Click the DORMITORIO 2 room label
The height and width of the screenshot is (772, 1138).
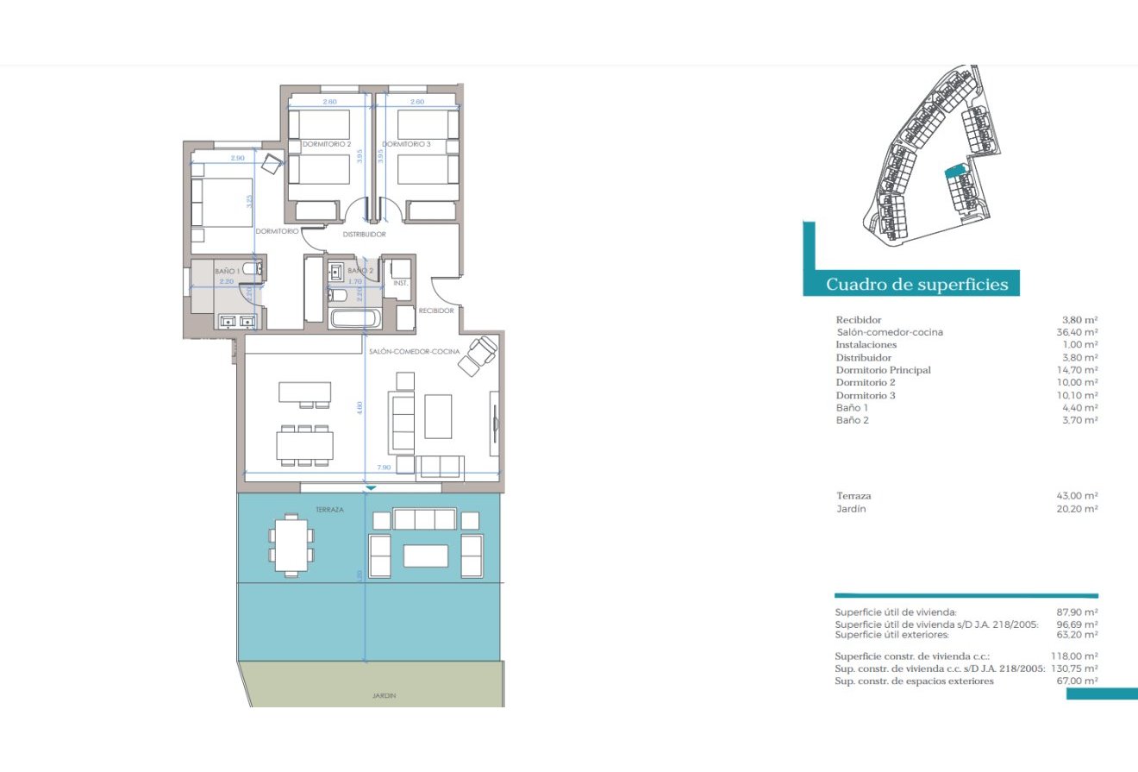[x=326, y=144]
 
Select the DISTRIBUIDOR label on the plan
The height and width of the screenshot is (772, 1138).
[x=364, y=234]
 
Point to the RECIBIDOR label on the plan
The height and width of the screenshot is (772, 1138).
[x=436, y=311]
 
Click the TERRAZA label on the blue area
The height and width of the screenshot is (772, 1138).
[x=329, y=510]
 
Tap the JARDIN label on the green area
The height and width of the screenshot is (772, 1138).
[x=385, y=695]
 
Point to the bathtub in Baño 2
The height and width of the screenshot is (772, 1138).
[x=354, y=318]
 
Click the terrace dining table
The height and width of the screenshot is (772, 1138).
[x=289, y=544]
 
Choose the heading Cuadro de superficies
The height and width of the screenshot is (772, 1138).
[x=917, y=285]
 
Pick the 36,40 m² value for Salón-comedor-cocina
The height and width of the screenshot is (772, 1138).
[x=1079, y=332]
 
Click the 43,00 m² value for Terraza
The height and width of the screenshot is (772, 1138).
[x=1079, y=496]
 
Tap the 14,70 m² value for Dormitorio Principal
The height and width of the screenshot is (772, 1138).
[x=1079, y=370]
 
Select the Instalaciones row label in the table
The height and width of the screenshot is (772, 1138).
[x=866, y=345]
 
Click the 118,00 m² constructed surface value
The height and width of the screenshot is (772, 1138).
[x=1077, y=656]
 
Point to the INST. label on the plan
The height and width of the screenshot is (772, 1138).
[x=400, y=284]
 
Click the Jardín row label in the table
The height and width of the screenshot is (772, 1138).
[x=851, y=509]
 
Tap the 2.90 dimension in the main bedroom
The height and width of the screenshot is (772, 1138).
[x=238, y=159]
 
